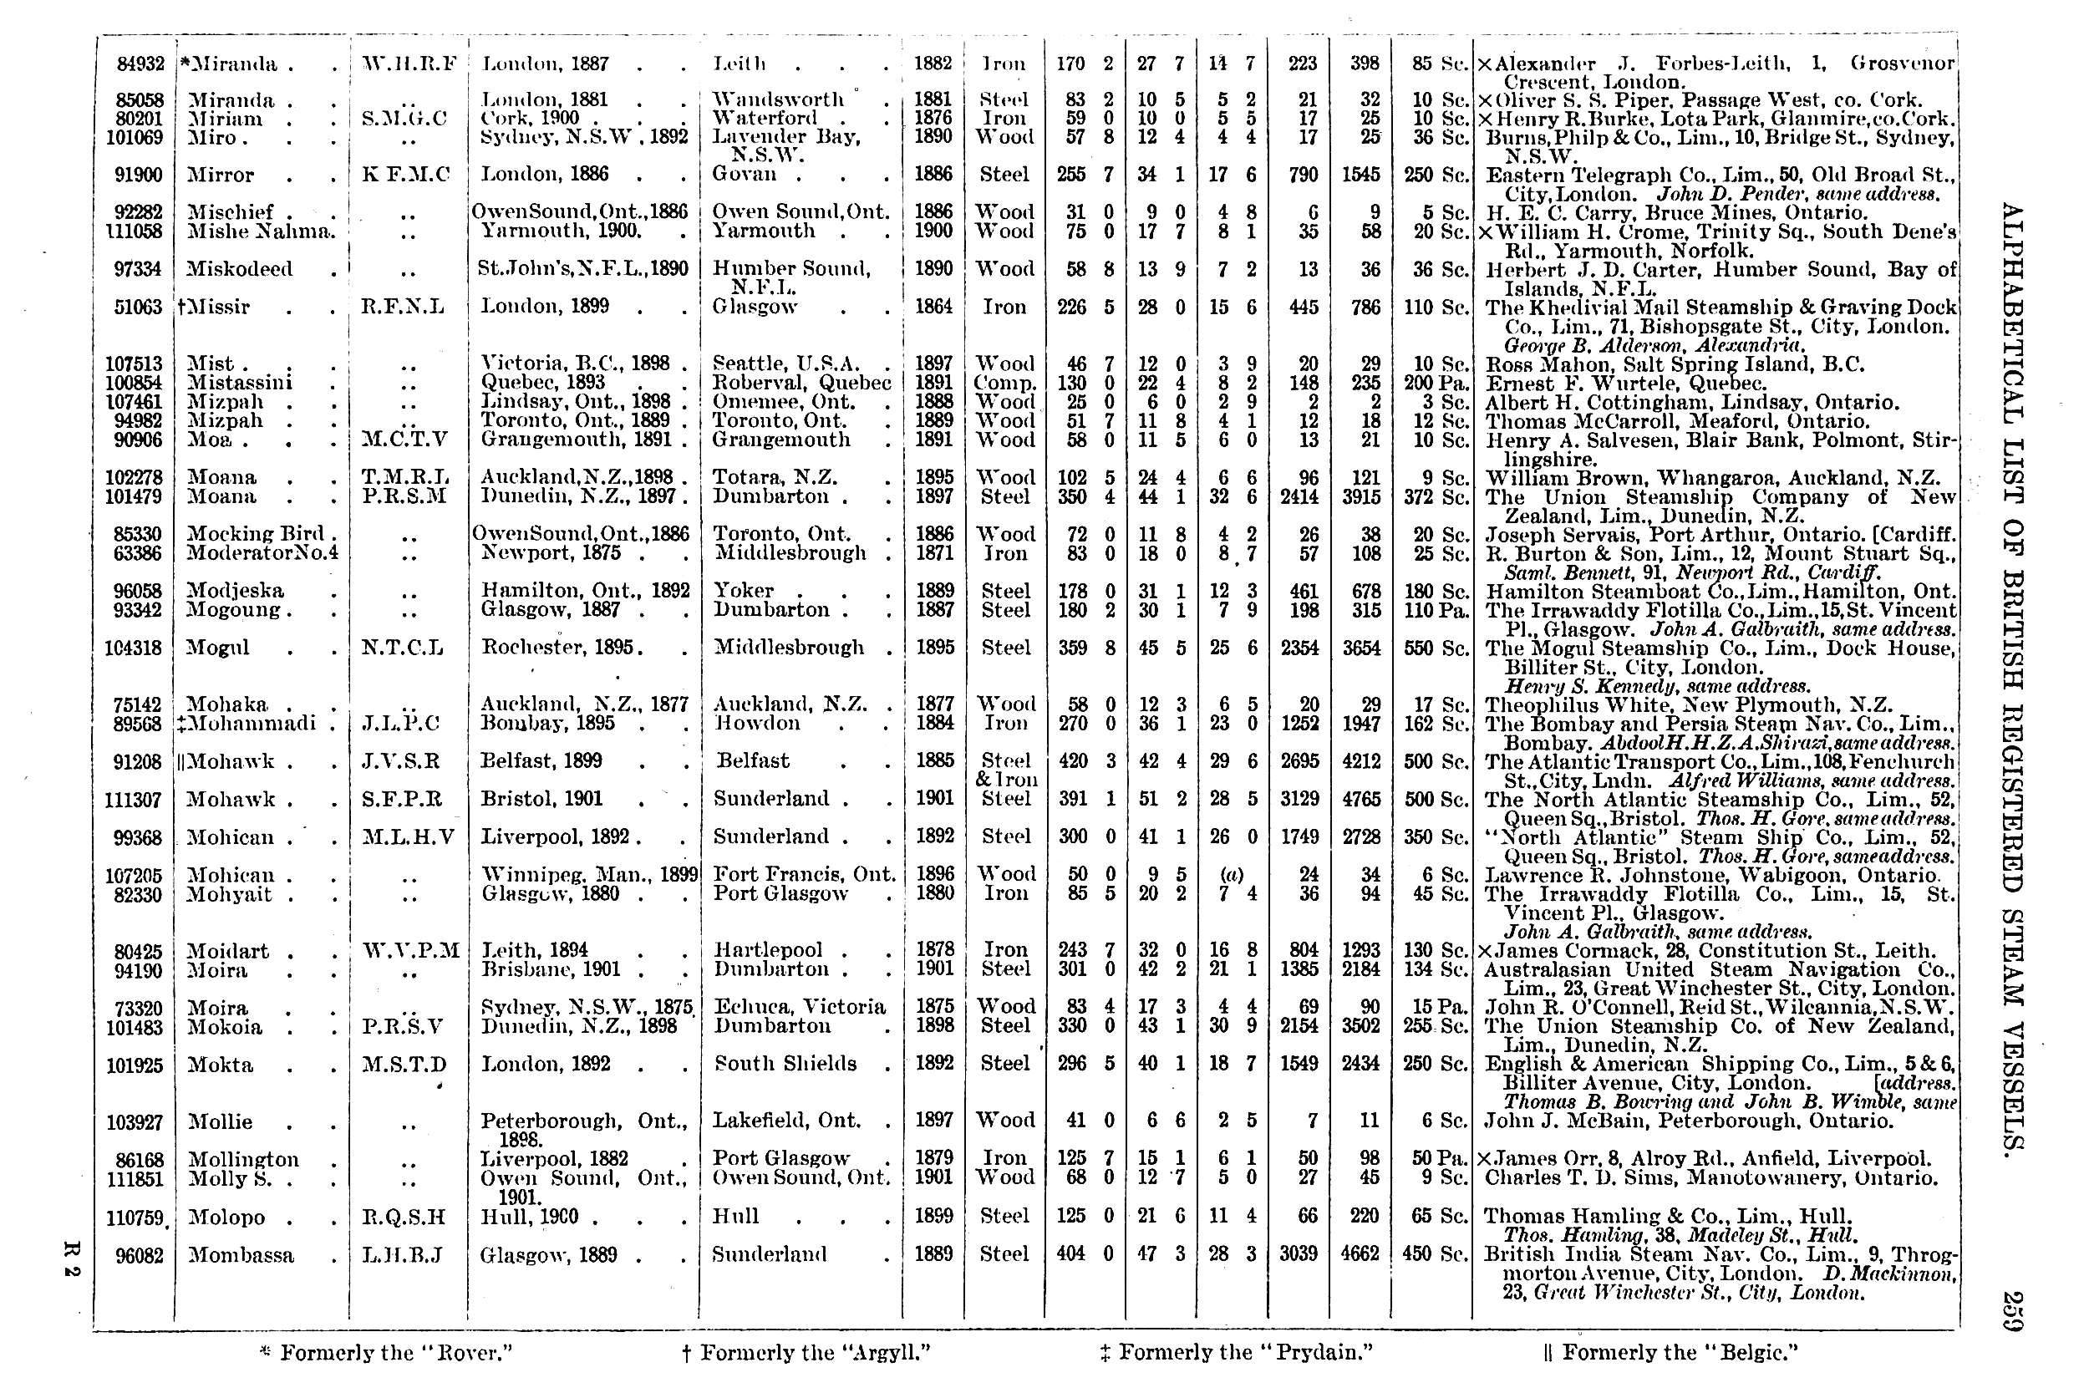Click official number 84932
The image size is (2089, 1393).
coord(140,64)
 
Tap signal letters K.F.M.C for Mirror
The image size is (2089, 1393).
coord(406,175)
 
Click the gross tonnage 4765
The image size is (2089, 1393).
coord(1360,800)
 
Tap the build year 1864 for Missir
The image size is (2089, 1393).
coord(933,307)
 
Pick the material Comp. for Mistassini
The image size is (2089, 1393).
coord(1004,384)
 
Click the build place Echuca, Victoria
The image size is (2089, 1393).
coord(800,1008)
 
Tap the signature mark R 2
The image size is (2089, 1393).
coord(74,1269)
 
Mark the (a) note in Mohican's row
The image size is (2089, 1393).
coord(1230,875)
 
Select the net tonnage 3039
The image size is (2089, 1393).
coord(1299,1254)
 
